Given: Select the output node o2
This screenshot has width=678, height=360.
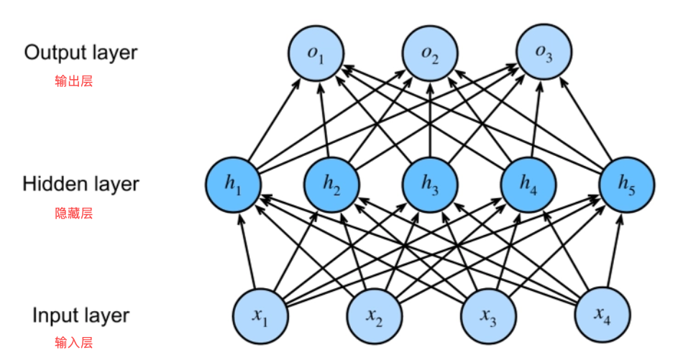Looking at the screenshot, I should (x=430, y=55).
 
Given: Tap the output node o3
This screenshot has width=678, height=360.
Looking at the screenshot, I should (x=544, y=55).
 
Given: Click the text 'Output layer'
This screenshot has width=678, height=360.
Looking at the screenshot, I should (x=81, y=52).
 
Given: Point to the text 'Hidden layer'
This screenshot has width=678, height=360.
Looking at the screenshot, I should (x=80, y=184).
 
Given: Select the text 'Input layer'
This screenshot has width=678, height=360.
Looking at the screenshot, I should (x=81, y=315).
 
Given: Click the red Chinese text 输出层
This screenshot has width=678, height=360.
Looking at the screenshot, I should (x=74, y=81).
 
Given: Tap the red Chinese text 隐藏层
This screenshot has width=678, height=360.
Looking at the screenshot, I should (x=74, y=213).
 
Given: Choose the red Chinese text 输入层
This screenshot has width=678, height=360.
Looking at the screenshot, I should (x=74, y=343).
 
